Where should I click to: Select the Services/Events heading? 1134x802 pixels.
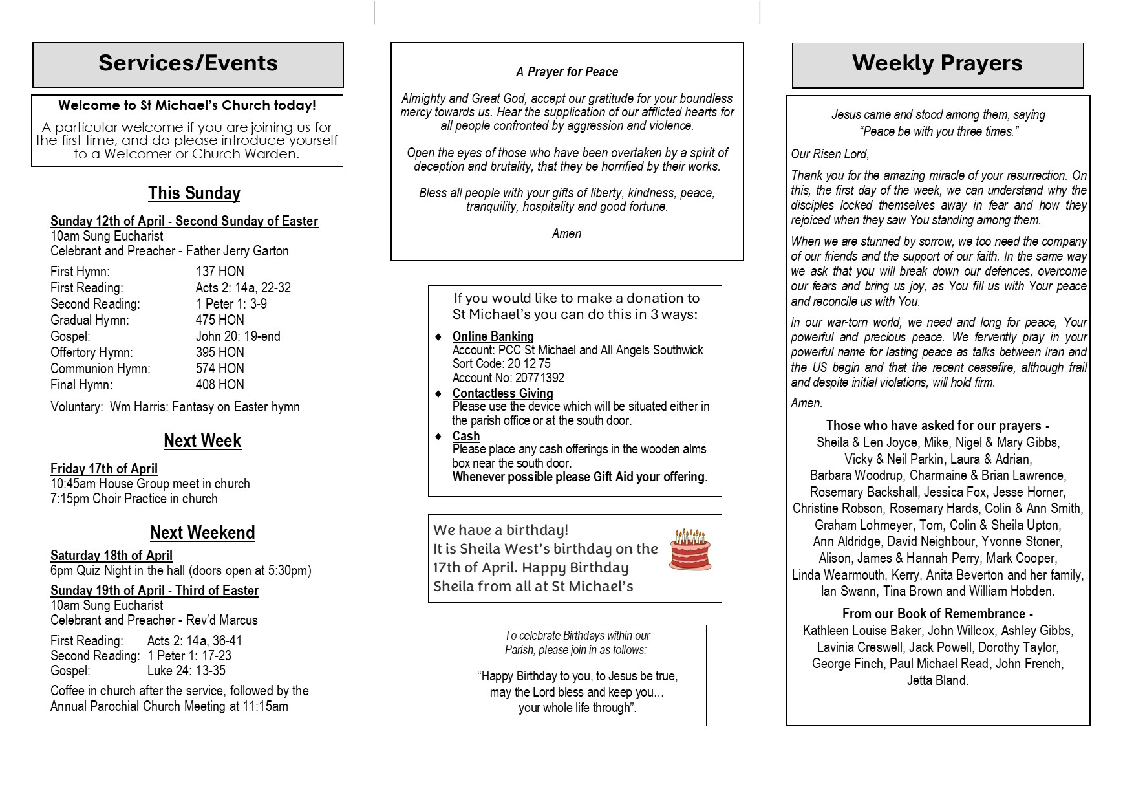pyautogui.click(x=188, y=63)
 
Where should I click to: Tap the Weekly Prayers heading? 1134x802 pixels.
pyautogui.click(x=937, y=63)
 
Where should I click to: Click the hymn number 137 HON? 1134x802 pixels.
pyautogui.click(x=220, y=272)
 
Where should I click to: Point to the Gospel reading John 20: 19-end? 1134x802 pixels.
pyautogui.click(x=238, y=336)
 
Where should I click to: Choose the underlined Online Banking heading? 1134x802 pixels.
pyautogui.click(x=493, y=336)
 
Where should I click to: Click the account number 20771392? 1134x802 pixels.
pyautogui.click(x=540, y=378)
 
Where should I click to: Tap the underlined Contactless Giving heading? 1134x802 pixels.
pyautogui.click(x=502, y=393)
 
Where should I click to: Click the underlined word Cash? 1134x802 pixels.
pyautogui.click(x=466, y=436)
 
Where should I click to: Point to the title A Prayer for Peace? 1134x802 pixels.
pyautogui.click(x=567, y=72)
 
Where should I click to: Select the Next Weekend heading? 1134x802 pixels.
pyautogui.click(x=202, y=532)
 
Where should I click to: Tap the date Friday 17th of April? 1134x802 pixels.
pyautogui.click(x=104, y=469)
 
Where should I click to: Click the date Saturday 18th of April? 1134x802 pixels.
pyautogui.click(x=111, y=556)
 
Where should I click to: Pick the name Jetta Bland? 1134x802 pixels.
pyautogui.click(x=937, y=680)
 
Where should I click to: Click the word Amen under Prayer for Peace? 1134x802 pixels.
pyautogui.click(x=566, y=233)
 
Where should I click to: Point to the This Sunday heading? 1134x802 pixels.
pyautogui.click(x=194, y=193)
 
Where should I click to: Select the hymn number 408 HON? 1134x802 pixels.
pyautogui.click(x=220, y=385)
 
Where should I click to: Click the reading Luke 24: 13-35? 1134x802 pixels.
pyautogui.click(x=186, y=671)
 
